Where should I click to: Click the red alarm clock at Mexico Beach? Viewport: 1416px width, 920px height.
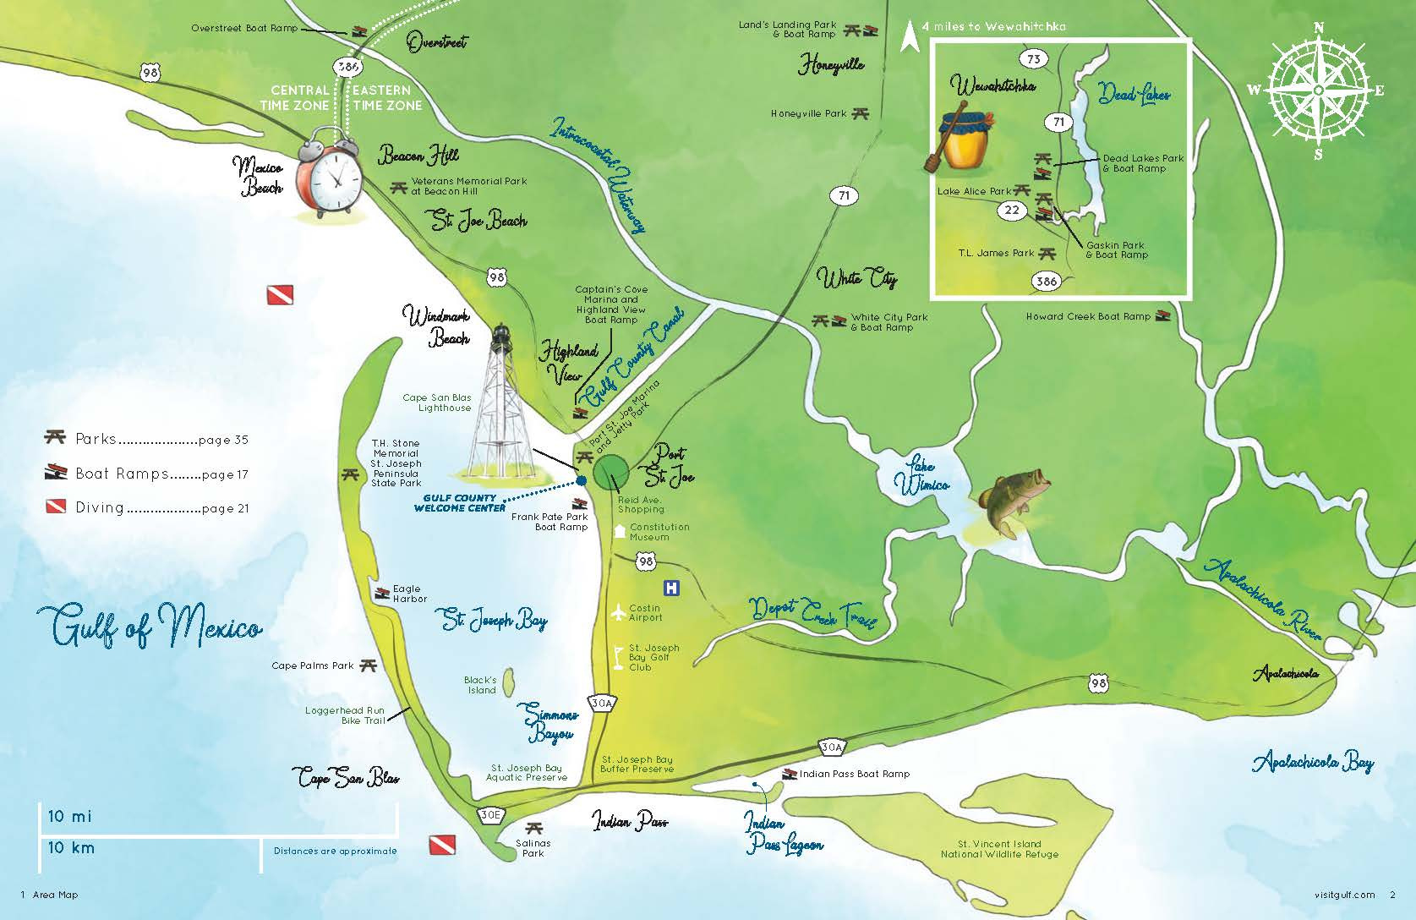coord(330,173)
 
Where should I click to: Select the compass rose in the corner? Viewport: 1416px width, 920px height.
coord(1317,90)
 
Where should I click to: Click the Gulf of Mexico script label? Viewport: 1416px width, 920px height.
coord(149,627)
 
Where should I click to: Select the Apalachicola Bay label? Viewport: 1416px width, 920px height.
coord(1312,762)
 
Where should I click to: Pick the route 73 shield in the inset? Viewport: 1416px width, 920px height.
coord(1034,58)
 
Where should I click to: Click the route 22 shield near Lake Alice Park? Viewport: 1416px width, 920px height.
coord(1013,210)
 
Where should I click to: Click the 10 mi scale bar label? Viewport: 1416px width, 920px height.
coord(70,817)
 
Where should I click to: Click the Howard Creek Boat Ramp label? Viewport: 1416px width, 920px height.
coord(1088,317)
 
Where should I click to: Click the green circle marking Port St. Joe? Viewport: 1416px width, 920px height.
coord(610,471)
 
